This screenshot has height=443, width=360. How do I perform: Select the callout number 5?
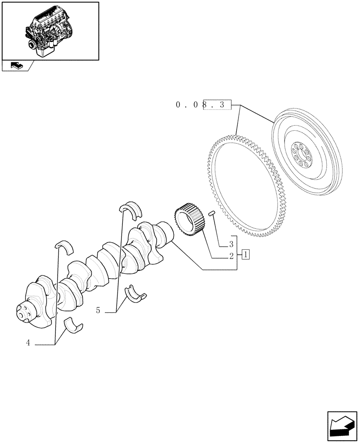pyautogui.click(x=98, y=311)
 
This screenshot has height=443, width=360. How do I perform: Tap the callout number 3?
pyautogui.click(x=231, y=244)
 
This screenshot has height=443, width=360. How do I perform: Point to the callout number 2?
pyautogui.click(x=231, y=256)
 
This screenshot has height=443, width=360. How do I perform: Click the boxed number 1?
pyautogui.click(x=246, y=254)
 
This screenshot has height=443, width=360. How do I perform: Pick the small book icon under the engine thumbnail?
pyautogui.click(x=16, y=66)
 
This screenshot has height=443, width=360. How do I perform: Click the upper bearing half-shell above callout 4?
pyautogui.click(x=65, y=247)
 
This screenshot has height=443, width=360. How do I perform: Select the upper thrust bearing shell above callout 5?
pyautogui.click(x=131, y=208)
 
